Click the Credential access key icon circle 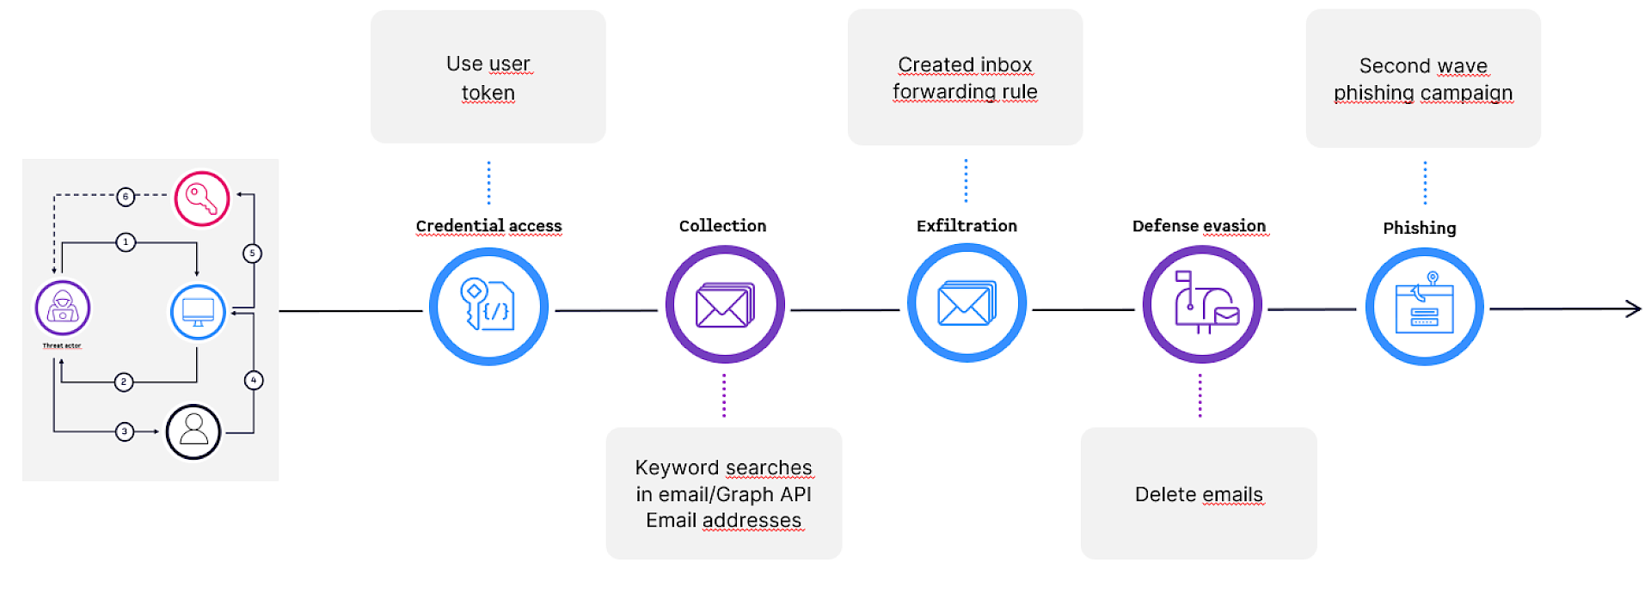pos(488,307)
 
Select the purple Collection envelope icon pos(725,305)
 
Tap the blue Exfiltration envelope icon pos(967,303)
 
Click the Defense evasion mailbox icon pos(1202,305)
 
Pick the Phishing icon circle pos(1425,307)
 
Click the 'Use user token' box pos(488,76)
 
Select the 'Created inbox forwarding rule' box pos(965,77)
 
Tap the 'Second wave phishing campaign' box pos(1423,78)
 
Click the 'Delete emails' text pos(1199,494)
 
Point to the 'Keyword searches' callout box pos(724,493)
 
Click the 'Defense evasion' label pos(1199,226)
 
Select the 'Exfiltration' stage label pos(967,226)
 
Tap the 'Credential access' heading pos(488,226)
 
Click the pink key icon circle pos(202,199)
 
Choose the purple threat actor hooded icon pos(62,308)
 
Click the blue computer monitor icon pos(198,312)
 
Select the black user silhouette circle pos(193,431)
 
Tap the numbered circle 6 pos(126,197)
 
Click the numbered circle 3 pos(125,431)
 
